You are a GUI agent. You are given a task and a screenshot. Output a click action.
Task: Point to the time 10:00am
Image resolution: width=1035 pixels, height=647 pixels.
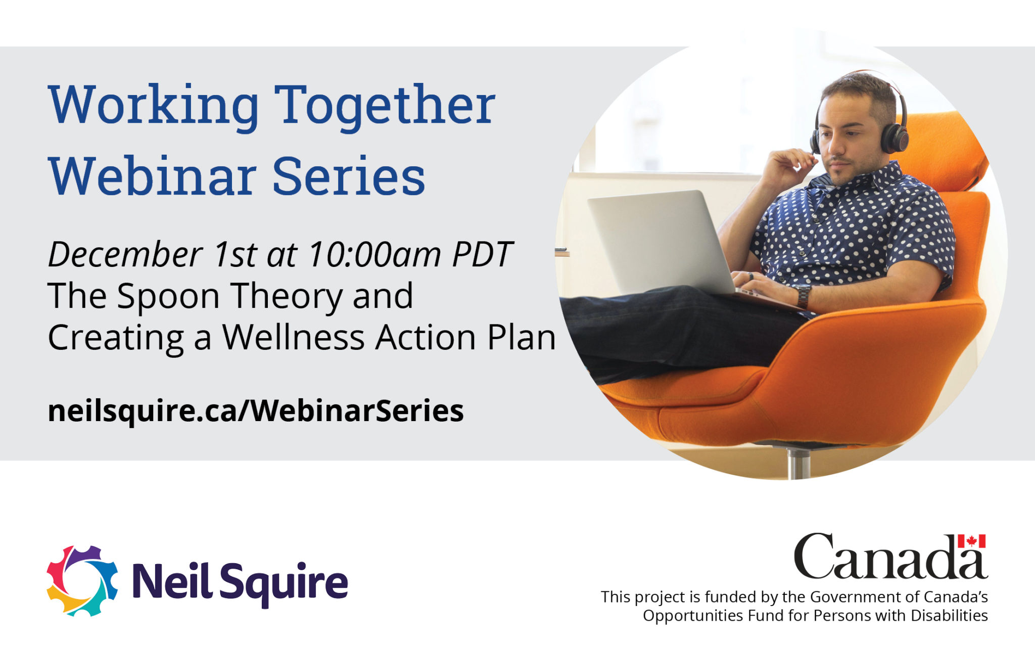click(x=375, y=254)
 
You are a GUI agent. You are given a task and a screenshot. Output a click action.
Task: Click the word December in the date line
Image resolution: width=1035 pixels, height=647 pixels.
click(x=125, y=254)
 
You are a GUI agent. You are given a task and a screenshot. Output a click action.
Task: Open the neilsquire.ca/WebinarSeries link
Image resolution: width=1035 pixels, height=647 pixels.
click(x=256, y=410)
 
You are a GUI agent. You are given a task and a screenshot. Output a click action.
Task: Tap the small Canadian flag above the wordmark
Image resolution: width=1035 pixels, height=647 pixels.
click(x=971, y=541)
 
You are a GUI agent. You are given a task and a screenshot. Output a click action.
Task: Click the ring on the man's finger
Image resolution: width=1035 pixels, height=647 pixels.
click(x=751, y=276)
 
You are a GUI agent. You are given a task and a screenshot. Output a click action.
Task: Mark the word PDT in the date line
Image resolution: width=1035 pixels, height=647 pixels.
click(x=482, y=254)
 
